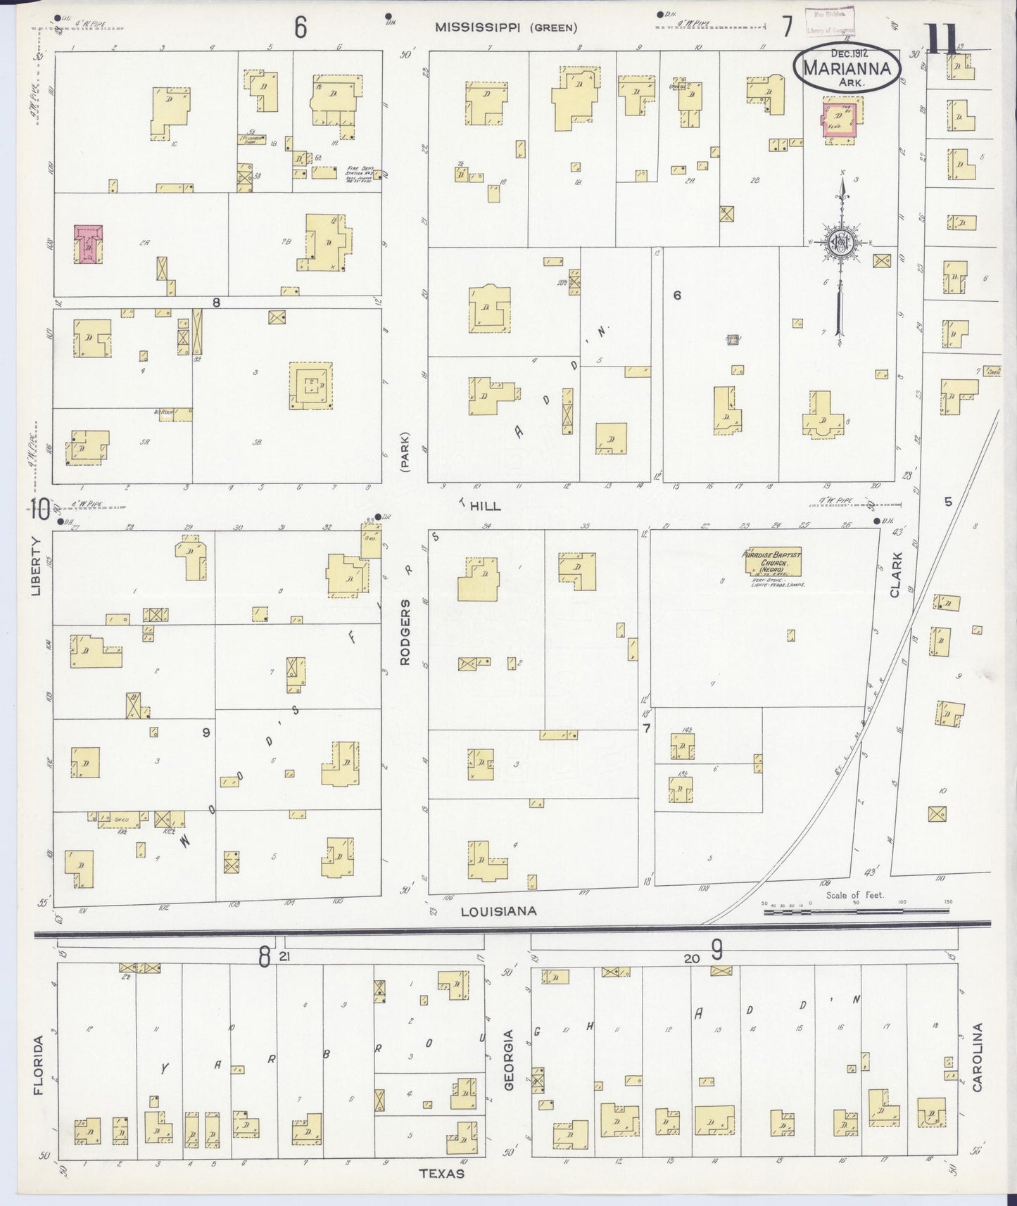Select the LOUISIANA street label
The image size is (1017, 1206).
click(498, 911)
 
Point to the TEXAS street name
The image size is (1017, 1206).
click(441, 1174)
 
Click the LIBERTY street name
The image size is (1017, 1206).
click(35, 566)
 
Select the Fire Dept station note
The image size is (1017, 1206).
click(363, 172)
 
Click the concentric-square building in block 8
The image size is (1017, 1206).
click(310, 385)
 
